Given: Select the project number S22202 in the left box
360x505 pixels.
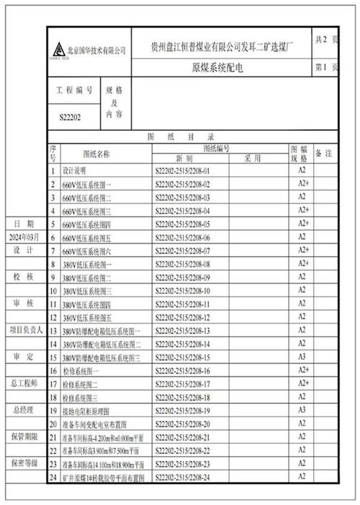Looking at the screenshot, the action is (70, 116).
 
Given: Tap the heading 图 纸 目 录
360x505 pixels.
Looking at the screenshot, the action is (191, 136).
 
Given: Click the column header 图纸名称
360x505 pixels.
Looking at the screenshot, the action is (96, 153).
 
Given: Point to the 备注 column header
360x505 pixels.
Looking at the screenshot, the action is (324, 153).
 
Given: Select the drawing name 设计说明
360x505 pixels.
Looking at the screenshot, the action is (74, 171).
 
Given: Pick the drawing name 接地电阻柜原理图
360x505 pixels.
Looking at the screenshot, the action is (91, 410).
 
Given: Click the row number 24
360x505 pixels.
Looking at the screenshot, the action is (53, 476).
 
